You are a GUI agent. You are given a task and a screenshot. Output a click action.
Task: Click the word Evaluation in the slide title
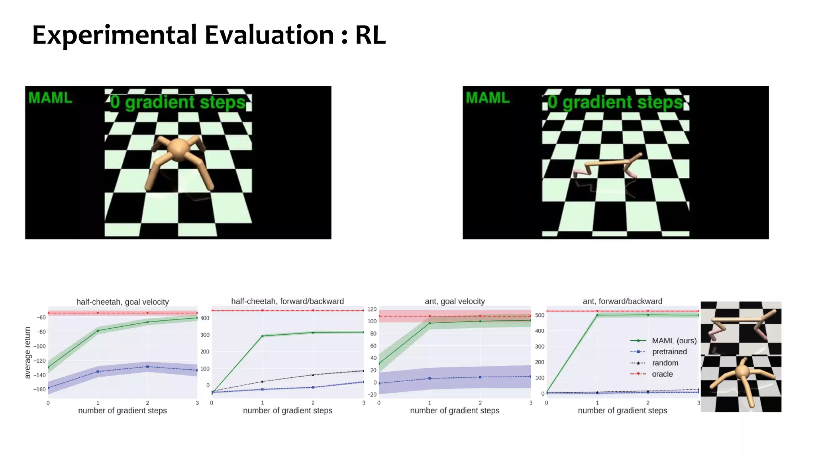(x=269, y=35)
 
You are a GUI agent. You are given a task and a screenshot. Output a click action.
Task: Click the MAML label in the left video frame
(x=50, y=98)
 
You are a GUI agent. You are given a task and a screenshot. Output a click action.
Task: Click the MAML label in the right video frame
(x=488, y=98)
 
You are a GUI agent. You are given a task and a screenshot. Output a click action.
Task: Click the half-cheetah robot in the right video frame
(x=608, y=165)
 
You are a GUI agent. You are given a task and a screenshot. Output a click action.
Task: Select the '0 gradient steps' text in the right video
(x=615, y=102)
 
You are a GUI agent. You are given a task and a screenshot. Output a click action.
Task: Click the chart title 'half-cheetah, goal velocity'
(x=122, y=302)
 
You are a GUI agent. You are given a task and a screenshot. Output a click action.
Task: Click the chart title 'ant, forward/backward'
(x=622, y=302)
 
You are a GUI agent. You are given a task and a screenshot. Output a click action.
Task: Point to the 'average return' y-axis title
(x=27, y=353)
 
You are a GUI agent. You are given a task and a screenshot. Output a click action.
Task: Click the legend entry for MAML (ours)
(x=674, y=341)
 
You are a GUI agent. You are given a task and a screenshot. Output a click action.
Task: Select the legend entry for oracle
(x=662, y=374)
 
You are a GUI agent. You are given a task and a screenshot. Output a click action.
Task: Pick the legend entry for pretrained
(x=669, y=352)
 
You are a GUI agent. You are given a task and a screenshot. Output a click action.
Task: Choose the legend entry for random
(x=665, y=363)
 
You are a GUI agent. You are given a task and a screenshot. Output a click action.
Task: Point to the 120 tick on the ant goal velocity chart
(x=372, y=309)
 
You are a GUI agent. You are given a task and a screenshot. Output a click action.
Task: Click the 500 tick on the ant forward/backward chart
(x=539, y=315)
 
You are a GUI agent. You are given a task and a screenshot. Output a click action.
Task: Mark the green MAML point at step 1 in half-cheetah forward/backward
(x=262, y=336)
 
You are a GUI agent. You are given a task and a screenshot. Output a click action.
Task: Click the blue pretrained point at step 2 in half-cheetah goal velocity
(x=147, y=367)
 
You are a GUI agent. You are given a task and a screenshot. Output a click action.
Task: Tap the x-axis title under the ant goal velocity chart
(x=455, y=411)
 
